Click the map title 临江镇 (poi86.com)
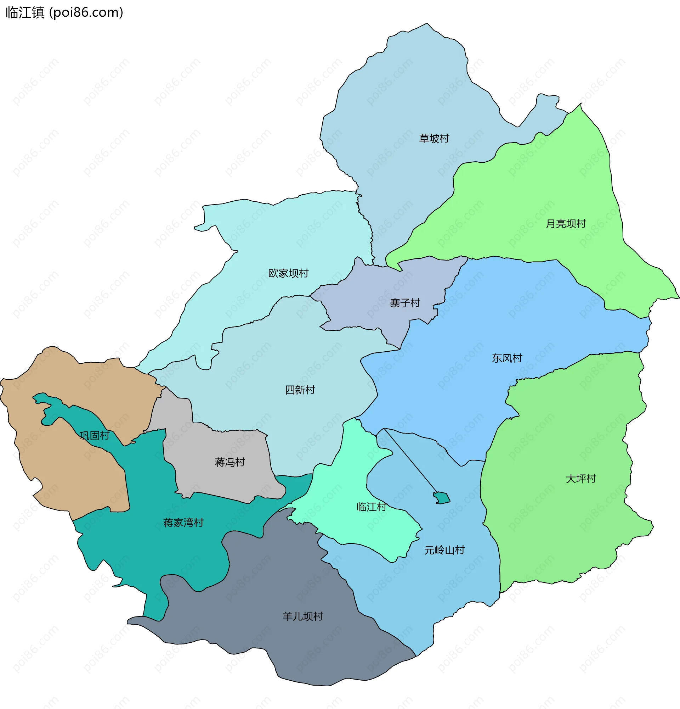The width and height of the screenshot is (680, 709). pyautogui.click(x=64, y=13)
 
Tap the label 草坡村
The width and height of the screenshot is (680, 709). pyautogui.click(x=434, y=139)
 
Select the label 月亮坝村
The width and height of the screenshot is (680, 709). pyautogui.click(x=566, y=224)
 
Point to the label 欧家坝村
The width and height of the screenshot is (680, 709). pyautogui.click(x=288, y=273)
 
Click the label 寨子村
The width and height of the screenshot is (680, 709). pyautogui.click(x=405, y=303)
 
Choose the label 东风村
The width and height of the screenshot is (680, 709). pyautogui.click(x=507, y=358)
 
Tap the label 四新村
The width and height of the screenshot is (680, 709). pyautogui.click(x=300, y=390)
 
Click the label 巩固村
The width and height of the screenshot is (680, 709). pyautogui.click(x=94, y=435)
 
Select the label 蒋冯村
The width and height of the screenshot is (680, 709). pyautogui.click(x=230, y=462)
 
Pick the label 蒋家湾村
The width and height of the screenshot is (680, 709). pyautogui.click(x=183, y=522)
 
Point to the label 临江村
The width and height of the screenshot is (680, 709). pyautogui.click(x=371, y=507)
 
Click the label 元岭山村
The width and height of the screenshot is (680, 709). pyautogui.click(x=444, y=550)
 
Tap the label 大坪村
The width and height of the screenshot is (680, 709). pyautogui.click(x=580, y=479)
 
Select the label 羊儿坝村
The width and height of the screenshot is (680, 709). pyautogui.click(x=302, y=616)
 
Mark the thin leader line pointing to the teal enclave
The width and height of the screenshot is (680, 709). pyautogui.click(x=410, y=460)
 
